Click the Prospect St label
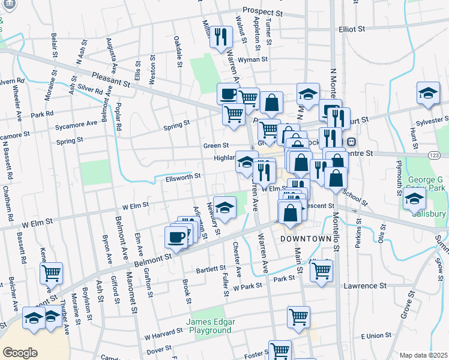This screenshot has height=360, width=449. click(x=262, y=11)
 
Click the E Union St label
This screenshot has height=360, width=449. click(x=376, y=335)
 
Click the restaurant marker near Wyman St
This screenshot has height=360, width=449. click(x=221, y=37)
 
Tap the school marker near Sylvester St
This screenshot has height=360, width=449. click(x=427, y=94)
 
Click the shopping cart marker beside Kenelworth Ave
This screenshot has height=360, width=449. click(x=51, y=273)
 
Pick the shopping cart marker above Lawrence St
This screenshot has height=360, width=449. click(x=321, y=270)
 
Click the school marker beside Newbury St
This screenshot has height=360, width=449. click(x=224, y=208)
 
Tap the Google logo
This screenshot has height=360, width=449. click(x=20, y=353)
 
